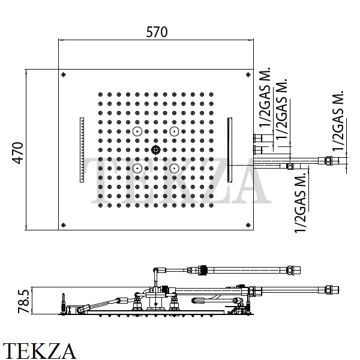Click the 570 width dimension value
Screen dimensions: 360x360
pyautogui.click(x=157, y=32)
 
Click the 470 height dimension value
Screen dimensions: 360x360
pyautogui.click(x=18, y=153)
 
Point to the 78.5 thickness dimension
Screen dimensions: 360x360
pyautogui.click(x=23, y=301)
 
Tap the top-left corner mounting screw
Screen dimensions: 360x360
pyautogui.click(x=64, y=74)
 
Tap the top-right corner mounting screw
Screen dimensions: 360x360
pyautogui.click(x=248, y=74)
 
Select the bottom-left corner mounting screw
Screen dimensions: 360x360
pyautogui.click(x=64, y=225)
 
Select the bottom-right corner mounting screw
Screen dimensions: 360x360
pyautogui.click(x=248, y=225)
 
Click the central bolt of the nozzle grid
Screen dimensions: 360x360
pyautogui.click(x=156, y=150)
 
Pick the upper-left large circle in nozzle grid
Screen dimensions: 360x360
pyautogui.click(x=137, y=131)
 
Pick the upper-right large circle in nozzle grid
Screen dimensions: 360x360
pyautogui.click(x=174, y=131)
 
